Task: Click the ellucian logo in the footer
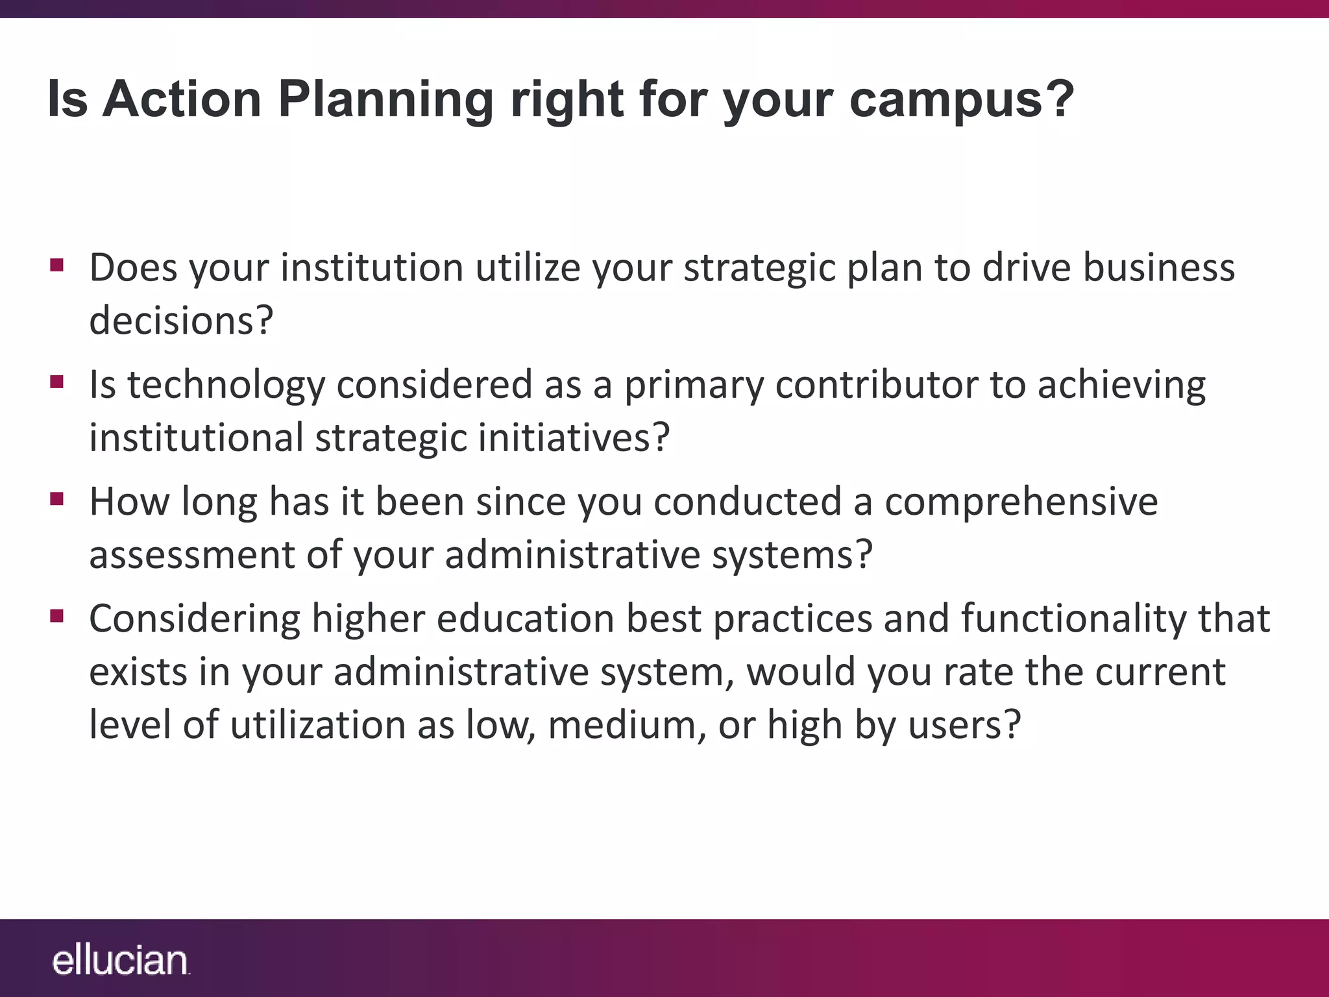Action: click(120, 961)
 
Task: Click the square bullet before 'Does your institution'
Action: click(57, 265)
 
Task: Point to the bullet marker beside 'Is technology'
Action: click(57, 382)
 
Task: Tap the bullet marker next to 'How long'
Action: click(57, 499)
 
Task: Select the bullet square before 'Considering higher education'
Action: click(57, 615)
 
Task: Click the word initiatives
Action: click(565, 437)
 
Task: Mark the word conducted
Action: click(746, 502)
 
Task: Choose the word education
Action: click(525, 618)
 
